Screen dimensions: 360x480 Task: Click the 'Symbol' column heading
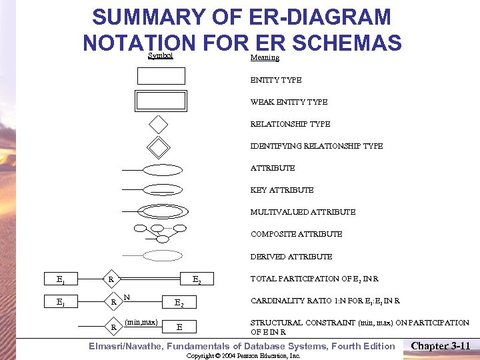160,56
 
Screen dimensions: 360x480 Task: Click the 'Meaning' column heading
265,58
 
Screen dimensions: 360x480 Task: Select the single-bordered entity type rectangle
161,76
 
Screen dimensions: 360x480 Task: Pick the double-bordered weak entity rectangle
161,100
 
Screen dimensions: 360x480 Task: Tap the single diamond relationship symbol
159,124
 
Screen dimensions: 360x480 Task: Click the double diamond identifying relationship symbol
159,146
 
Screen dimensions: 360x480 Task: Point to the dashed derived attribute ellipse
163,255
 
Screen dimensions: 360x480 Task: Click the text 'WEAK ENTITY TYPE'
289,102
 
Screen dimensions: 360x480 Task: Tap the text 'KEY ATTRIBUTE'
281,190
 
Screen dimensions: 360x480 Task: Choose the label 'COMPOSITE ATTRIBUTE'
296,234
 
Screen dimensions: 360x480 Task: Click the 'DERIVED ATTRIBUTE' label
291,257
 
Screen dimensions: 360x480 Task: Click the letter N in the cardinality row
127,297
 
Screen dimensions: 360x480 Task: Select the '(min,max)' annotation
141,322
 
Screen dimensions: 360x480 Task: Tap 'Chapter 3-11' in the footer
441,345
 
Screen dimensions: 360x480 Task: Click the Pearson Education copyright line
243,356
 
